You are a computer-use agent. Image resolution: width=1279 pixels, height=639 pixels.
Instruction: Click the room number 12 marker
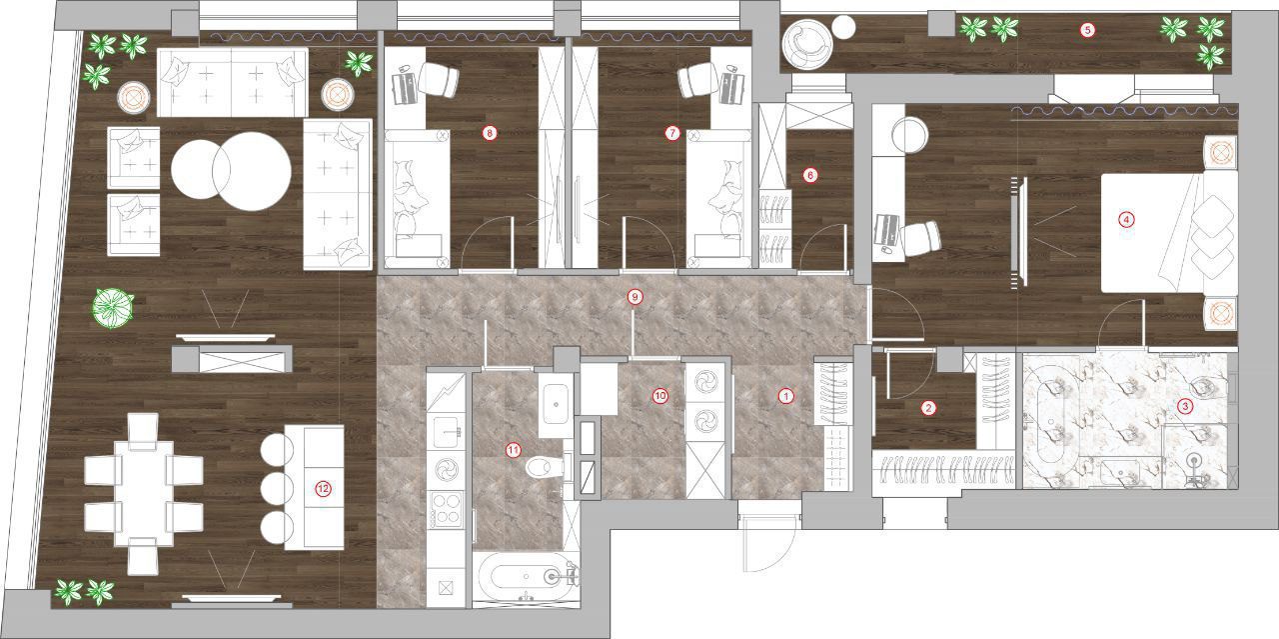323,489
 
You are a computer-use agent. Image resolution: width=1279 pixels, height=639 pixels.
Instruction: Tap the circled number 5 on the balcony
1087,30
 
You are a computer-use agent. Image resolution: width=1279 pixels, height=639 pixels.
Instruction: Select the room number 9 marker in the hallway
635,297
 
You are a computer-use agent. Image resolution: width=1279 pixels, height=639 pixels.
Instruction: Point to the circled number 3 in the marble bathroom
1185,406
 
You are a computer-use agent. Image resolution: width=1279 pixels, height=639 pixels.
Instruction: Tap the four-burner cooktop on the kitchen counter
447,509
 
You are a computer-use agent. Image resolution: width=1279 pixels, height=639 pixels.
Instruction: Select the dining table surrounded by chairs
145,493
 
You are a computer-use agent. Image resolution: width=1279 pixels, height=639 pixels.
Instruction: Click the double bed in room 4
1169,233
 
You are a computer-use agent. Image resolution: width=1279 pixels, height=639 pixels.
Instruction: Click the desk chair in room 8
439,79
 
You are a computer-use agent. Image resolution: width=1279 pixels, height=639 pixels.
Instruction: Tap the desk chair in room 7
697,79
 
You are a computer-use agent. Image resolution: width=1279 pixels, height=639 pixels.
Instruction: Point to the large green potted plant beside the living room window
113,307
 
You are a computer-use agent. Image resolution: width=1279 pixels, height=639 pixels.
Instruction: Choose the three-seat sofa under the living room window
233,82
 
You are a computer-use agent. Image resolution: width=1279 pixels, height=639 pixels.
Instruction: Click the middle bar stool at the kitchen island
277,489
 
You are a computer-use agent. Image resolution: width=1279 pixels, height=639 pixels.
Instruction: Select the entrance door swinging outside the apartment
768,542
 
